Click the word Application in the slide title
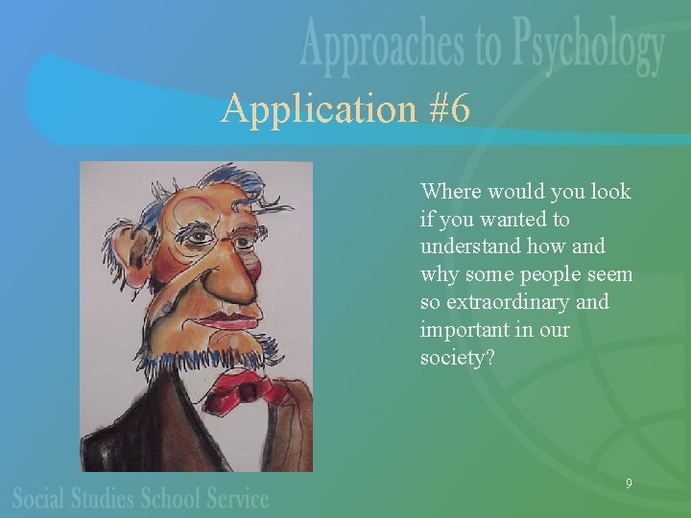(x=304, y=110)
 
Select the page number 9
(x=629, y=483)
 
